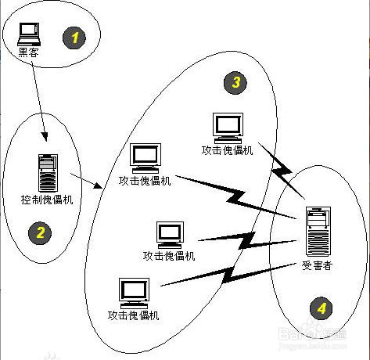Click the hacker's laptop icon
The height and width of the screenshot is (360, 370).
pos(30,33)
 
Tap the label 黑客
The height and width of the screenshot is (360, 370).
pos(29,53)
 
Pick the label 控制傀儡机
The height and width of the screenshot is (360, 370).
pos(47,200)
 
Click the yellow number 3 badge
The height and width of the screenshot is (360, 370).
pos(233,81)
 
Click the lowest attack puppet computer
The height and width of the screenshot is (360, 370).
pos(134,292)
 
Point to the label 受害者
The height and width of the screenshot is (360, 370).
pos(317,266)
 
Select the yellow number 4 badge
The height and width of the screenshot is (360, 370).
pos(321,308)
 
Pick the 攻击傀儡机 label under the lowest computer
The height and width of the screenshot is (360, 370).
pos(134,315)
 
